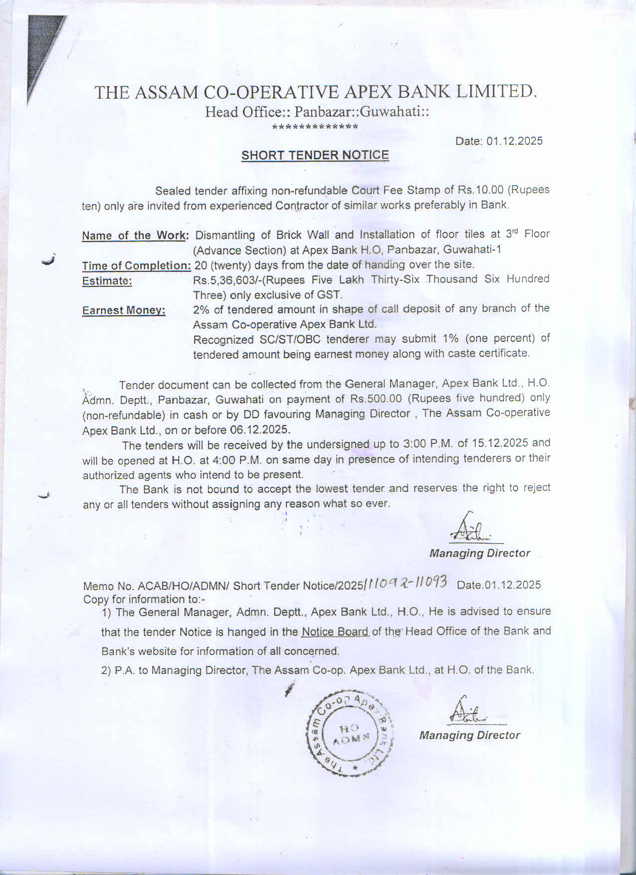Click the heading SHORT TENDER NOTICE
point(315,155)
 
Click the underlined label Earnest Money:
point(124,310)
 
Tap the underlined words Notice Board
point(335,632)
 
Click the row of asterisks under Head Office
point(315,127)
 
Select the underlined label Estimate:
point(107,281)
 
